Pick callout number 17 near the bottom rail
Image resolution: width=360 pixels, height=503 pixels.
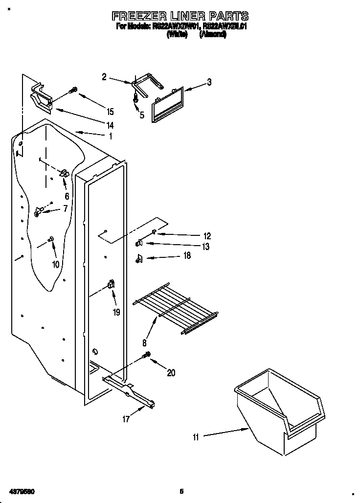[126, 419]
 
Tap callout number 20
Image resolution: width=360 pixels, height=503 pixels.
[171, 373]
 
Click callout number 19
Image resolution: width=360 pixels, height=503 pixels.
[116, 312]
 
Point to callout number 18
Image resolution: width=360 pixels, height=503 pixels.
[187, 255]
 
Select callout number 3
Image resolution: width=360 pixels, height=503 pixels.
[209, 82]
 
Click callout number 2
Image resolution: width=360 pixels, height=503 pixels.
[104, 76]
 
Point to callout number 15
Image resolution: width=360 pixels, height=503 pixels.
[110, 111]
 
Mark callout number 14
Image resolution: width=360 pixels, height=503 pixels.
[110, 125]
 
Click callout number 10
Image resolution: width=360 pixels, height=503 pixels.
[55, 264]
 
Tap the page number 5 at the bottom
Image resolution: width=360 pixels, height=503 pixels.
[180, 491]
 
